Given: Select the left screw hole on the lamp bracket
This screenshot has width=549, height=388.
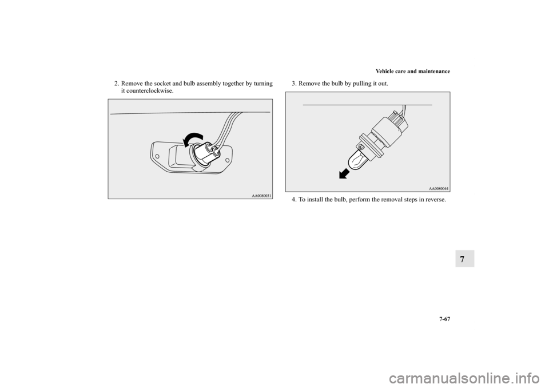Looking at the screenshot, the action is [158, 156].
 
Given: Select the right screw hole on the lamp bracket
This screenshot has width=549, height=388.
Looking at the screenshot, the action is [227, 160].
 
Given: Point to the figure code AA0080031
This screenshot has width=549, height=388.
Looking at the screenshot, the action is [261, 196].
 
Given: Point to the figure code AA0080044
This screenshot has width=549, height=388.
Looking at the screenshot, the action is [439, 189].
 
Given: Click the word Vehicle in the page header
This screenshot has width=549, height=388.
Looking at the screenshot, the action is [384, 72].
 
